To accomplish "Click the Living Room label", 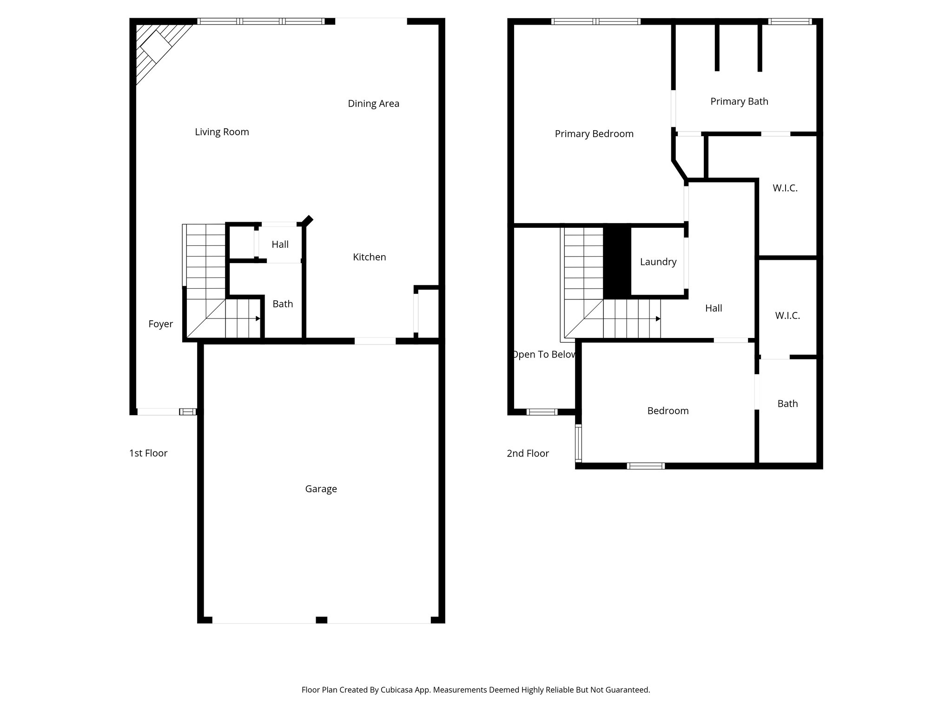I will point(222,132).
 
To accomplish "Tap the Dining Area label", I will point(373,104).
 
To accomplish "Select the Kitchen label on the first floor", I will point(369,257).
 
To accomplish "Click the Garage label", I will point(321,489).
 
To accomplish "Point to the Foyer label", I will point(160,324).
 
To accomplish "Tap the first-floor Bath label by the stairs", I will point(283,304).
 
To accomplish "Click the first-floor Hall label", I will point(280,245).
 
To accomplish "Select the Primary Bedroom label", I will point(594,134).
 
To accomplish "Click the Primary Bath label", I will point(739,101).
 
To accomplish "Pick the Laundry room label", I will point(658,262).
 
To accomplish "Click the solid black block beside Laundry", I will point(617,262).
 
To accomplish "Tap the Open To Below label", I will point(543,355).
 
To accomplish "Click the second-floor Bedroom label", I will point(668,411).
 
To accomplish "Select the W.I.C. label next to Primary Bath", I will point(785,188).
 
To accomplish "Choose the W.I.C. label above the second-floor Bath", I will point(787,316).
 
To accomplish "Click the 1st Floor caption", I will point(148,453).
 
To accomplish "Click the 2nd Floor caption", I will point(528,453).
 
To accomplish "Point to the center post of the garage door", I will point(321,620).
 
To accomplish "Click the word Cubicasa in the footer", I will point(397,690).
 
